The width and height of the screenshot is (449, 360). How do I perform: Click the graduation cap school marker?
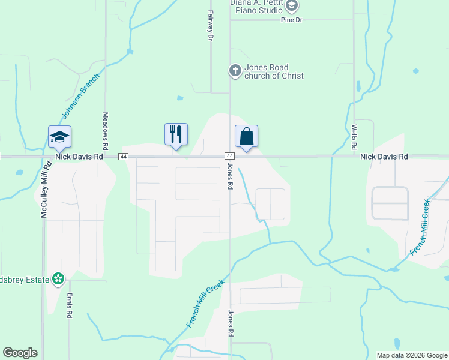click(60, 137)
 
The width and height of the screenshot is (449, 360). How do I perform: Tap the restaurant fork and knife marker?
click(176, 135)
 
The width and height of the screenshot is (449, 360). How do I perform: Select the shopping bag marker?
click(246, 136)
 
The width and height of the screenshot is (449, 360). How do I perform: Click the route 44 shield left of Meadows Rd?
click(123, 157)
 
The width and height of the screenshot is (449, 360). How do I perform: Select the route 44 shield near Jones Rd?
click(230, 157)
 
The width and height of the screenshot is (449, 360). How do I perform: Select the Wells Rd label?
click(354, 137)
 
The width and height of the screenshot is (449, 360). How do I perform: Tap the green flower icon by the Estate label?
click(58, 278)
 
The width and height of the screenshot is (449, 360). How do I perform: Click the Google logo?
click(20, 353)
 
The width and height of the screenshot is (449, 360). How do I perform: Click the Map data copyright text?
click(411, 355)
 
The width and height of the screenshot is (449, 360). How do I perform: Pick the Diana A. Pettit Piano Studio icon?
click(292, 7)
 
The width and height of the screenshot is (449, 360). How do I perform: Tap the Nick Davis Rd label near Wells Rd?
click(384, 157)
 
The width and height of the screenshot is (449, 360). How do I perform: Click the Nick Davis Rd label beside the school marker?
click(79, 157)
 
